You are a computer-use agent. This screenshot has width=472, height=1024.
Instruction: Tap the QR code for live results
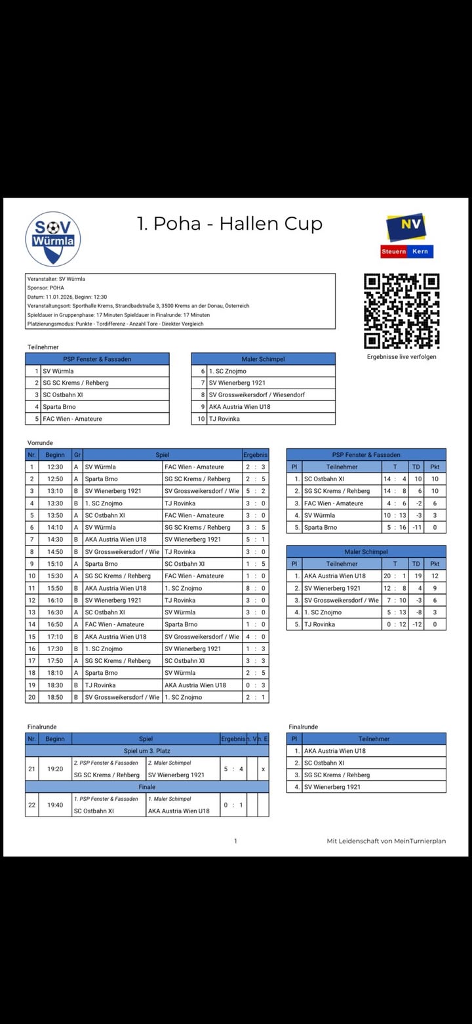(x=401, y=310)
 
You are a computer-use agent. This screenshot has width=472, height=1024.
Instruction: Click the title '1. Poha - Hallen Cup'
(x=229, y=224)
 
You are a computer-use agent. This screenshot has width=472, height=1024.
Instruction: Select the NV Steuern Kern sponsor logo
(x=406, y=236)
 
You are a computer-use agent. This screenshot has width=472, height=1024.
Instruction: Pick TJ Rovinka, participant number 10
(x=224, y=419)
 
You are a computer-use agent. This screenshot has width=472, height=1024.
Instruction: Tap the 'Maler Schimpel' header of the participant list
(x=263, y=359)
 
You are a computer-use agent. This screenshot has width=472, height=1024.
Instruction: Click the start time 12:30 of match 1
(x=55, y=467)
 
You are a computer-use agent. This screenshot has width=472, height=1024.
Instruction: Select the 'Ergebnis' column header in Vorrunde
(x=255, y=454)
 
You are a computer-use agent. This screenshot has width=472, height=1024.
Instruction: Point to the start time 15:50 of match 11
(x=55, y=588)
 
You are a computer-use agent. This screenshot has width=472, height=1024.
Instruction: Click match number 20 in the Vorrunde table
(x=31, y=697)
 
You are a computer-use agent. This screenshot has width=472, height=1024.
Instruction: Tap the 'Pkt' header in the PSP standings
(x=435, y=467)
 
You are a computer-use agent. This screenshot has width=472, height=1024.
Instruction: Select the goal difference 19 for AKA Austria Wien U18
(x=418, y=576)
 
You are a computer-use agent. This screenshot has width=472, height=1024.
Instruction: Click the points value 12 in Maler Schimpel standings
(x=435, y=576)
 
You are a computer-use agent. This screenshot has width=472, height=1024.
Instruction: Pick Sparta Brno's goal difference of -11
(x=418, y=527)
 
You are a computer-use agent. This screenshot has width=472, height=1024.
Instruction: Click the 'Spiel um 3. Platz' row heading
(x=147, y=751)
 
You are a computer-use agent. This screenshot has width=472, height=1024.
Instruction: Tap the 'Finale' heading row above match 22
(x=147, y=787)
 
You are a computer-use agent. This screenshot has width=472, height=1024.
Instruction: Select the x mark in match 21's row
(x=263, y=769)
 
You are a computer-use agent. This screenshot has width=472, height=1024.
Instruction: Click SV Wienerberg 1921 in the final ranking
(x=332, y=787)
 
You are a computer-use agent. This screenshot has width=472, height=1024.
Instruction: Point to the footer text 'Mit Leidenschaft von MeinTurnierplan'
(x=386, y=841)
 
